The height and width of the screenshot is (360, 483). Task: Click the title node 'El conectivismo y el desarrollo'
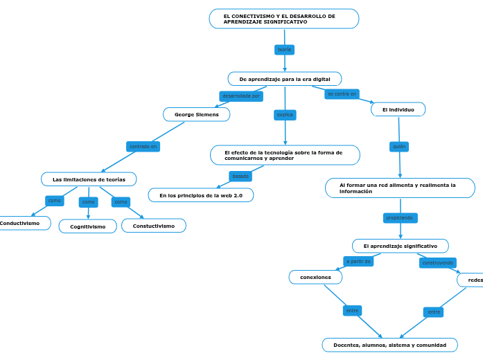[x=283, y=19]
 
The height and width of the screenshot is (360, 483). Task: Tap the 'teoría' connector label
[x=284, y=50]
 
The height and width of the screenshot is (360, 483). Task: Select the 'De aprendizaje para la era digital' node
[x=284, y=79]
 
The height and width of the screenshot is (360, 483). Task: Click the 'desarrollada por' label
[x=241, y=96]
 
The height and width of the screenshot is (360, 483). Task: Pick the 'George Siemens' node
[x=196, y=114]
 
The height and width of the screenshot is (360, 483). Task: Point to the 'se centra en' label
[x=342, y=93]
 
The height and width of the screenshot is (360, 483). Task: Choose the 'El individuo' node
[x=398, y=109]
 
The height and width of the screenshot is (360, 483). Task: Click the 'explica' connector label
[x=285, y=115]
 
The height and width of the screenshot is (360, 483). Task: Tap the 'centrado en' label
[x=143, y=147]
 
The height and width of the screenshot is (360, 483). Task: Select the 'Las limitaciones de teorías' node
[x=89, y=179]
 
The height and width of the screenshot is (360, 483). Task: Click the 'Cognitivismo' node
[x=88, y=226]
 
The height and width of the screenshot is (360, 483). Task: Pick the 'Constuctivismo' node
[x=154, y=226]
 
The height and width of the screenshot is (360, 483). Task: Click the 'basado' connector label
[x=240, y=177]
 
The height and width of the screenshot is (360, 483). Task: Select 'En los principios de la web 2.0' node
[x=201, y=195]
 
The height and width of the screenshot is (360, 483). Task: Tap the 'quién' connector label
[x=399, y=147]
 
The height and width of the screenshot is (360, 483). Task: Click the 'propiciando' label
[x=400, y=218]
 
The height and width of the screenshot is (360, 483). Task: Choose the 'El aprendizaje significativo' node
[x=400, y=246]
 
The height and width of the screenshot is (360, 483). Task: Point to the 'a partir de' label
[x=359, y=261]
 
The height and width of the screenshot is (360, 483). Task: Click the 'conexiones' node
[x=315, y=277]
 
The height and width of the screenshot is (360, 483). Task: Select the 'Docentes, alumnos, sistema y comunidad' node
[x=389, y=345]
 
